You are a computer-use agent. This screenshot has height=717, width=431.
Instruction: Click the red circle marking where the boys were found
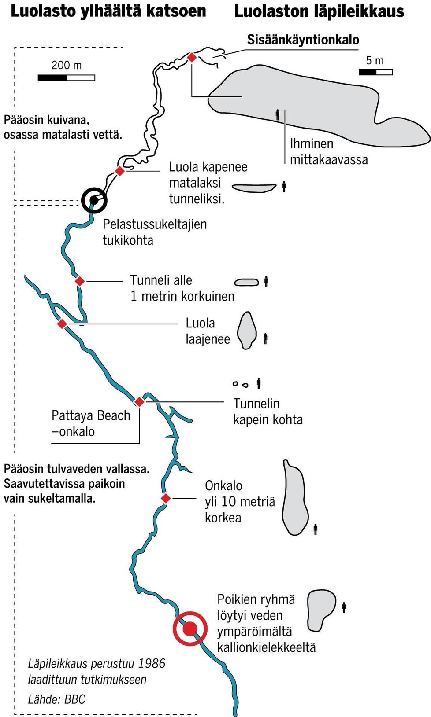click(190, 629)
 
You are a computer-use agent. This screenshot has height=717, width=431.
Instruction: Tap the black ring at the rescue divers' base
click(94, 200)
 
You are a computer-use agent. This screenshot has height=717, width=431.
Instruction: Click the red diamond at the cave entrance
click(192, 57)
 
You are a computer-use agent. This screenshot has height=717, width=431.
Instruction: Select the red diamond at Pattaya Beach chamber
click(139, 402)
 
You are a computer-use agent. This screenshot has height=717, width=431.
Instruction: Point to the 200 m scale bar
click(67, 78)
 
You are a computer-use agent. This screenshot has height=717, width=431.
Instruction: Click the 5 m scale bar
click(375, 72)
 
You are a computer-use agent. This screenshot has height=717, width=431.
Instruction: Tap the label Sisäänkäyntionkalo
click(303, 40)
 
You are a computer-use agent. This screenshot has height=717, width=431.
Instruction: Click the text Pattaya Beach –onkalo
click(91, 423)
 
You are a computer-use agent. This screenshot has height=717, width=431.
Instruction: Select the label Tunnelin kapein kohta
click(268, 412)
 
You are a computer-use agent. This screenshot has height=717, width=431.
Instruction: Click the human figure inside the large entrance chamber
click(277, 114)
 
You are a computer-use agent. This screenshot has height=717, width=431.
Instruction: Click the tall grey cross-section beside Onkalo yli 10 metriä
click(294, 497)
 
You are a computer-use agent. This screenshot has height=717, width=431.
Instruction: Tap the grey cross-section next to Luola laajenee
click(247, 330)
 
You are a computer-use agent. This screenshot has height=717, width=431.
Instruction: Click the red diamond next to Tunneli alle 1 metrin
click(80, 281)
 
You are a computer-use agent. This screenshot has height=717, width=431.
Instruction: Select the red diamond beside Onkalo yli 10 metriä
click(166, 498)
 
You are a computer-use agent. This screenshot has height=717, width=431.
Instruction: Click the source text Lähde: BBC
click(56, 699)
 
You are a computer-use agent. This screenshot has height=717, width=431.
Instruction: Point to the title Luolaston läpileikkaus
click(319, 11)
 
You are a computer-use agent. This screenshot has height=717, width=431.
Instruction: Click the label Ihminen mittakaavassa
click(328, 151)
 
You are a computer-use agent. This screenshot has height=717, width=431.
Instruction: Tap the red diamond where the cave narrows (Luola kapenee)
click(119, 171)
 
